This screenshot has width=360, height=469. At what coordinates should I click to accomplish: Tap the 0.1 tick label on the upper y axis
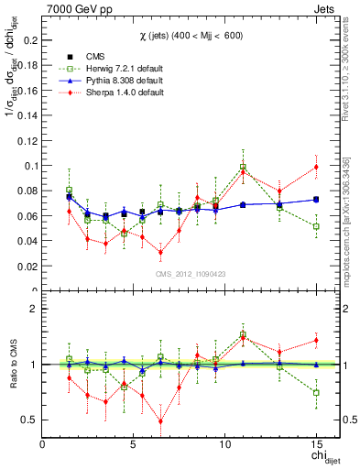pos(30,167)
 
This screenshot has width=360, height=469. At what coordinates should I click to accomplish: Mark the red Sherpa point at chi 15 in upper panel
pos(316,167)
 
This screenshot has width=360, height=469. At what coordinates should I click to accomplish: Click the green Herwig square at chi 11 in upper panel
pos(243,168)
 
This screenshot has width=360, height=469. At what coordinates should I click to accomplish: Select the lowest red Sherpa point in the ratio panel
pos(160,421)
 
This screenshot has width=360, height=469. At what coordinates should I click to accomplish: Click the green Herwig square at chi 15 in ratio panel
pos(316,392)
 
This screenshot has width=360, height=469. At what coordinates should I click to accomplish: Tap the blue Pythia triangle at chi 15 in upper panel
pos(316,199)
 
